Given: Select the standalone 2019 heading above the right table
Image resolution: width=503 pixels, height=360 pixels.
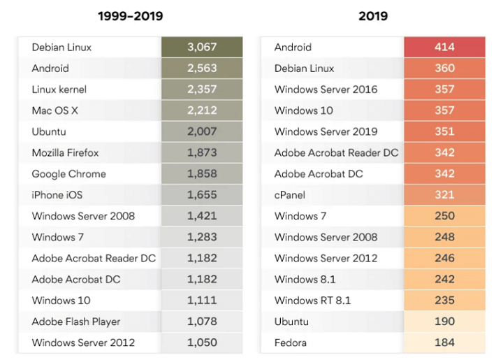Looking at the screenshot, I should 373,15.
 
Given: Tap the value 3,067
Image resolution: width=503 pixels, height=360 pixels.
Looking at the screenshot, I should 202,48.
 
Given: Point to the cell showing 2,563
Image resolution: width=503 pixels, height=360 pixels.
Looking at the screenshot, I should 202,69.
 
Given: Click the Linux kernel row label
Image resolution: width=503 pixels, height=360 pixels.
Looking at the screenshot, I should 59,89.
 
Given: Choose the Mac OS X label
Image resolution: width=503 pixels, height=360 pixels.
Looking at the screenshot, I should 55,110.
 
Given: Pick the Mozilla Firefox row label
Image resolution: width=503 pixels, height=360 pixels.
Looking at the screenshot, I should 65,152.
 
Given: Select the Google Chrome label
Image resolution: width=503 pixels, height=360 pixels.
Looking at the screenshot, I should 68,173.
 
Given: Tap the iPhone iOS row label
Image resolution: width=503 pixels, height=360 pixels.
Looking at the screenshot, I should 57,195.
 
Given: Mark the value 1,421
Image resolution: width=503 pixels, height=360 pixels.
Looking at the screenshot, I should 202,216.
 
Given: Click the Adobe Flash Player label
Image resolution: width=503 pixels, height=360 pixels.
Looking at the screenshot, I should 76,322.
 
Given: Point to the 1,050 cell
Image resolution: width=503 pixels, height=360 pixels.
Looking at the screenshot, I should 202,343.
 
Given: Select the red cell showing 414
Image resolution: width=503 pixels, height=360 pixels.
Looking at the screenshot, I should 444,48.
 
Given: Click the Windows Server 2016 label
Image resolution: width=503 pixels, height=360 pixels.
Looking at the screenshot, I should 326,89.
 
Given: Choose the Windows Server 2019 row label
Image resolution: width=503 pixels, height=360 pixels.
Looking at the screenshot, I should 326,131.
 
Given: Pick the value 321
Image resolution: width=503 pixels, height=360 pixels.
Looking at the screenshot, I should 444,195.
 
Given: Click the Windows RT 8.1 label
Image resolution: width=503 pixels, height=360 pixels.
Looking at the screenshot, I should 312,301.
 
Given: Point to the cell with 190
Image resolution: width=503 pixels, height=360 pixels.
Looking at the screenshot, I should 444,322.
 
